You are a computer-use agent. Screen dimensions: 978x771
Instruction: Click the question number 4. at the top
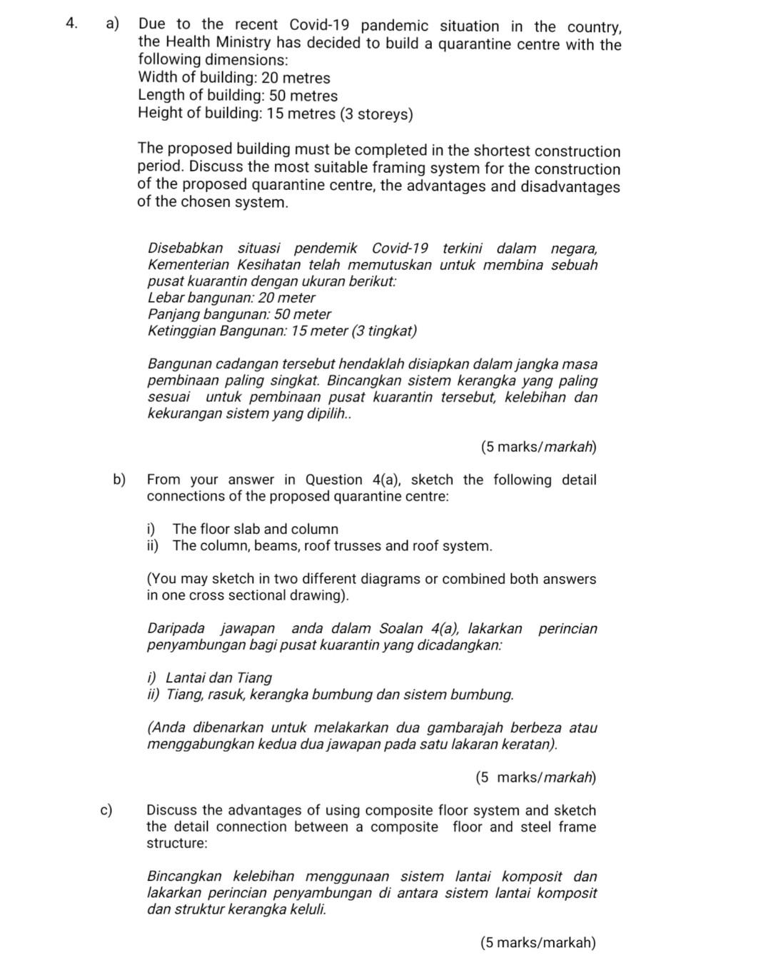pos(70,24)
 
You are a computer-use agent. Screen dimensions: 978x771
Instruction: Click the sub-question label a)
pos(112,24)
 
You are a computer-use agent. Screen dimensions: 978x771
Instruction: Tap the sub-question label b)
pos(119,479)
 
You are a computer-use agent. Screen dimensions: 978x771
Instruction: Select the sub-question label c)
pos(107,810)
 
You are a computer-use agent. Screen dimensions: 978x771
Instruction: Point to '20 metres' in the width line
pos(296,78)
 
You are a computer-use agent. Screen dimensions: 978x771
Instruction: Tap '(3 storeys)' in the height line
pos(376,114)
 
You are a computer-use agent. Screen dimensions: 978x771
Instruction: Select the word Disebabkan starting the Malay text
pos(185,248)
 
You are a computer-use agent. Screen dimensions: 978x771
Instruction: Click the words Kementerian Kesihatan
pos(224,265)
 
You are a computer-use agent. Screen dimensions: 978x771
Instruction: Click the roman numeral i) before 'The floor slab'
pos(151,529)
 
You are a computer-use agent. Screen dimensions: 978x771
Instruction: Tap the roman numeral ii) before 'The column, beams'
pos(153,546)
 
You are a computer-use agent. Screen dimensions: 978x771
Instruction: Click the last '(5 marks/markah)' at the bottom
pos(538,943)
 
